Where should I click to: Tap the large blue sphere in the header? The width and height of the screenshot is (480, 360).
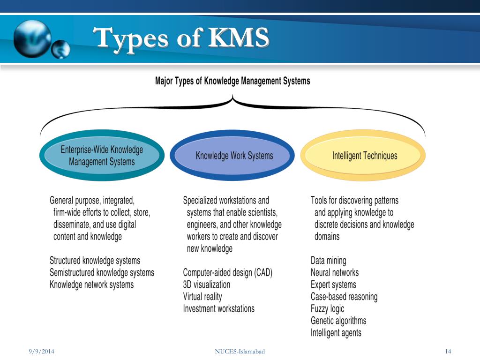tap(33, 39)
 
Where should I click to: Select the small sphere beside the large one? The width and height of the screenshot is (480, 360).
tap(60, 49)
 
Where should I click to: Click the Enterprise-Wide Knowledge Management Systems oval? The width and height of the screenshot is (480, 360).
tap(102, 156)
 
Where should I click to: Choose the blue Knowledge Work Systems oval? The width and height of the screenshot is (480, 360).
tap(232, 156)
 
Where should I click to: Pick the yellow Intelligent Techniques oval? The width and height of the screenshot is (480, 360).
tap(363, 156)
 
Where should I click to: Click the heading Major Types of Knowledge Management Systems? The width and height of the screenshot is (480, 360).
tap(232, 81)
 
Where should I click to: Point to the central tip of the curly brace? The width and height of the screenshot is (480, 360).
tap(232, 95)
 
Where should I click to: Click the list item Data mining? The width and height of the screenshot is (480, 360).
tap(329, 261)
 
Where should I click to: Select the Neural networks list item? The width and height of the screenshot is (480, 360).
tap(335, 272)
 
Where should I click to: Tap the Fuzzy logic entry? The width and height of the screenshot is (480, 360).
tap(327, 309)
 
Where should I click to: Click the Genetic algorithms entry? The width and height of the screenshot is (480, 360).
tap(338, 321)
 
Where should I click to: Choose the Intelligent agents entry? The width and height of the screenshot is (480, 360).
tap(336, 333)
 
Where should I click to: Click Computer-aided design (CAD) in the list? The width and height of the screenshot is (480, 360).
tap(228, 273)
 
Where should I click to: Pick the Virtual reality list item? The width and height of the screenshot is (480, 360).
tap(202, 297)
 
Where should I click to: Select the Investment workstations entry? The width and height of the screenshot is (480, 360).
tap(218, 308)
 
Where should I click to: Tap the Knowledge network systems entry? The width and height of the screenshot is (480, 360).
tap(91, 285)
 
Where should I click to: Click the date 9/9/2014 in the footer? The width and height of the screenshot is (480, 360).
tap(41, 352)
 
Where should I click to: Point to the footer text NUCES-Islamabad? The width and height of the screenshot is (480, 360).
tap(240, 352)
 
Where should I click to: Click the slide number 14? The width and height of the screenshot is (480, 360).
tap(448, 352)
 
